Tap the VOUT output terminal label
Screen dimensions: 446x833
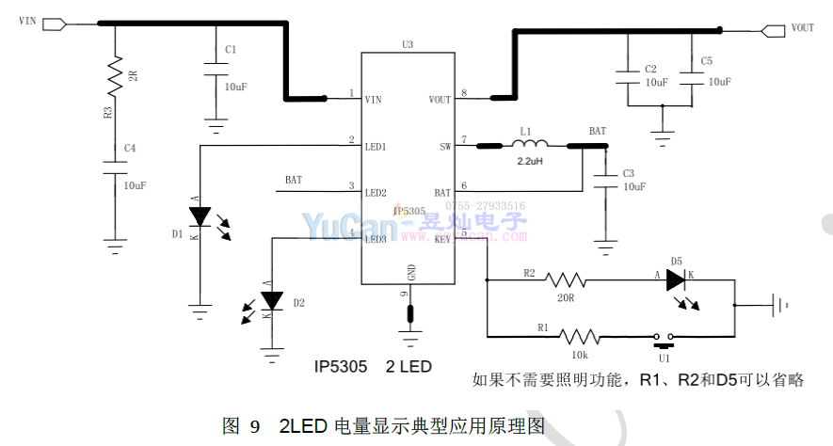click(x=802, y=28)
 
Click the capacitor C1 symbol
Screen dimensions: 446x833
click(x=216, y=67)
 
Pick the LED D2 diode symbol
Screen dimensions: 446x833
click(x=272, y=301)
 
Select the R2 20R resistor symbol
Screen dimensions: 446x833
click(x=566, y=279)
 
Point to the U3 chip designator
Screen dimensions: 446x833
click(x=407, y=44)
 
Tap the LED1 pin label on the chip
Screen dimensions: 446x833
click(x=376, y=147)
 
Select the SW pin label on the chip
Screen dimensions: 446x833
click(x=445, y=147)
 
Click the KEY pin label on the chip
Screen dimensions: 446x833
click(x=442, y=240)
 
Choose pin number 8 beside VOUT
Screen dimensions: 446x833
click(x=464, y=92)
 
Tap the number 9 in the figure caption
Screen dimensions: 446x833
click(x=254, y=426)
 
